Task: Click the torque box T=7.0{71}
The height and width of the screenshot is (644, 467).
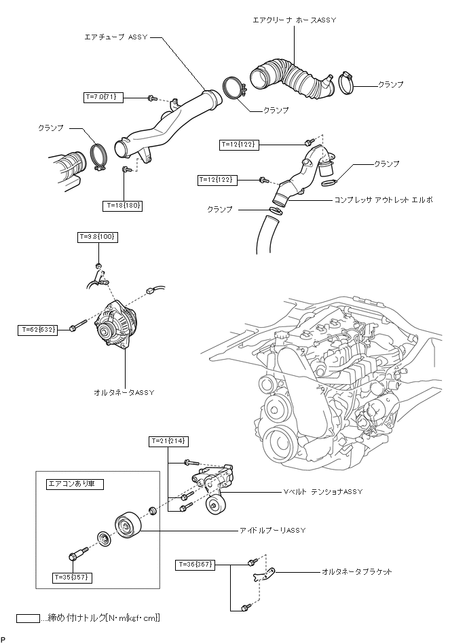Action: click(102, 97)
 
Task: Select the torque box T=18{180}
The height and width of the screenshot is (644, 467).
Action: click(122, 206)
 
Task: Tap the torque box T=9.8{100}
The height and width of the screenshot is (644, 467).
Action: click(98, 237)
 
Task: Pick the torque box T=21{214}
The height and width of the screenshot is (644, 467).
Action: click(168, 442)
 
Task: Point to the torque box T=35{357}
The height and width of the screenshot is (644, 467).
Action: click(72, 577)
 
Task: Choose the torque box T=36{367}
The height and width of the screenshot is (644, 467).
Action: click(195, 565)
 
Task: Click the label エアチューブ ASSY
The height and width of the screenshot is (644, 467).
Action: click(116, 37)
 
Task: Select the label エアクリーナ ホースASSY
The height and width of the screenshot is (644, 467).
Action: click(294, 20)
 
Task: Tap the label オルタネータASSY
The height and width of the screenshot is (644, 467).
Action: click(124, 393)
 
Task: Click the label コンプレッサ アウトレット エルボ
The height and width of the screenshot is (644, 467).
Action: click(384, 200)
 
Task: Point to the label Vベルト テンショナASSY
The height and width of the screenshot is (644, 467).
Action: click(323, 491)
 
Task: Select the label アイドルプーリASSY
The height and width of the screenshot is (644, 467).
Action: click(273, 530)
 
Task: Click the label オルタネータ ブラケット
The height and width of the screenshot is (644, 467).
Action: click(357, 571)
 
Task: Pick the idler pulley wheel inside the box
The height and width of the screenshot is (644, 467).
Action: click(128, 525)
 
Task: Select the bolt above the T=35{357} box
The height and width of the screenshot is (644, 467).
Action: click(77, 553)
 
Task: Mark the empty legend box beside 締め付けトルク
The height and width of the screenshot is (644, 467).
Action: click(28, 618)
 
